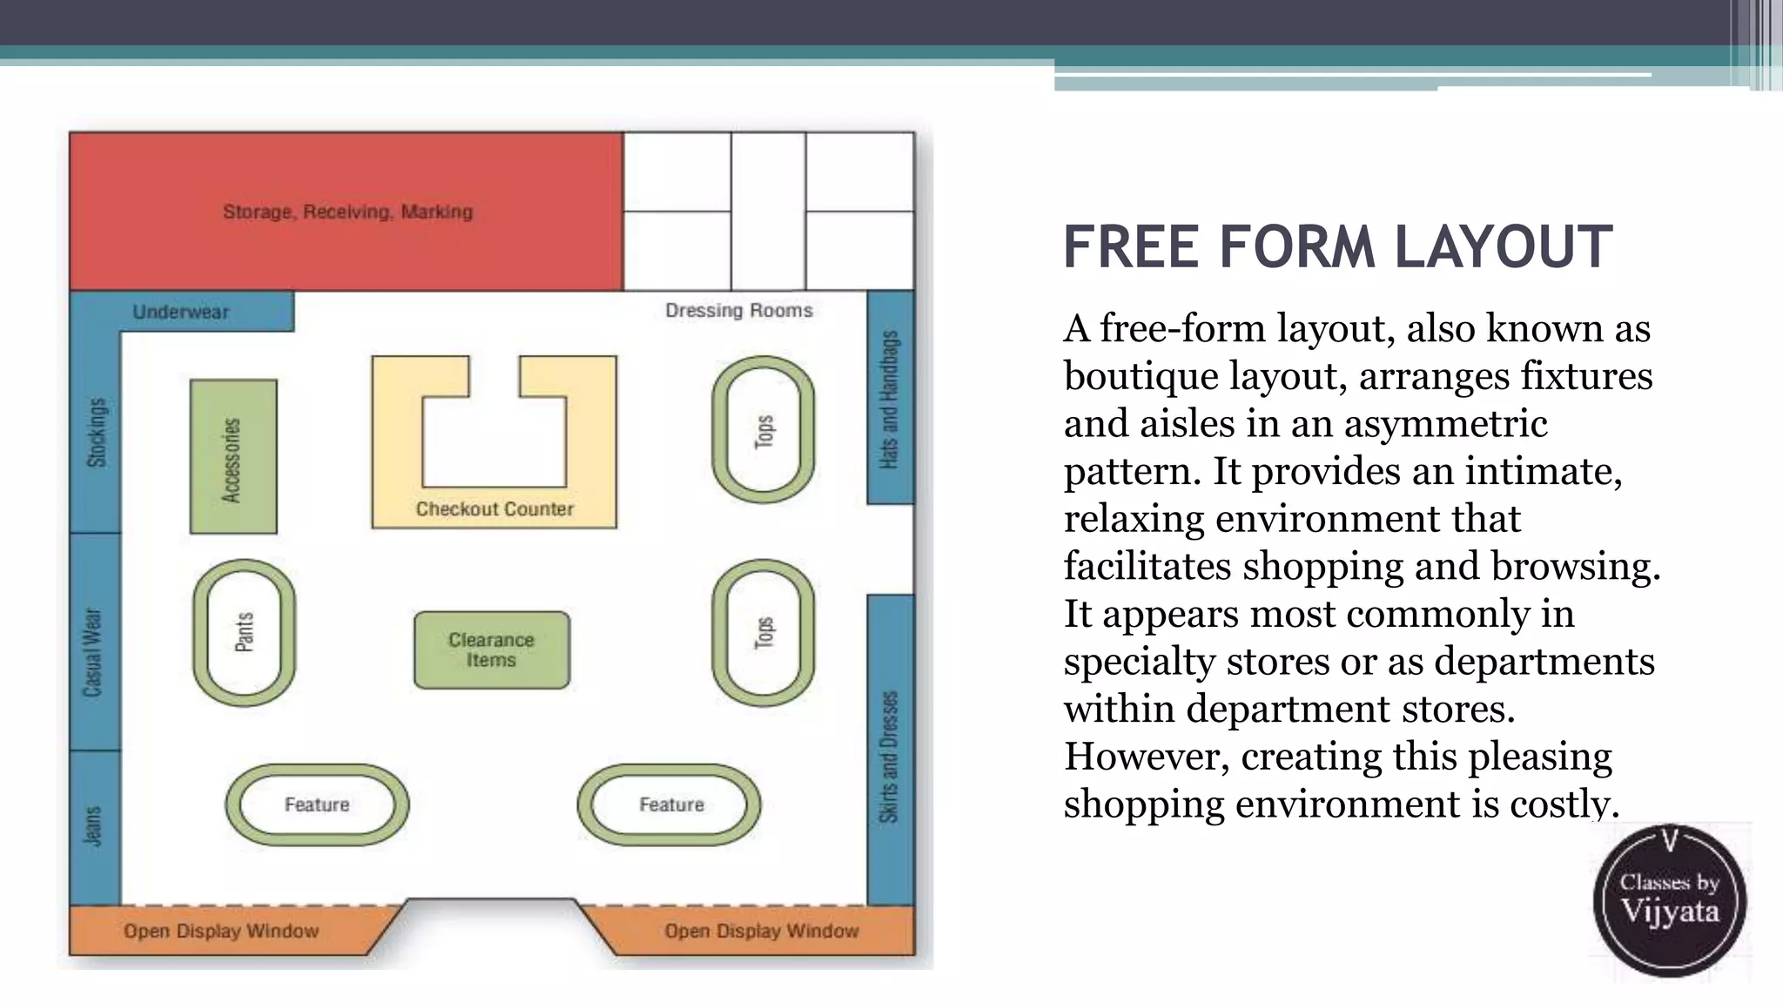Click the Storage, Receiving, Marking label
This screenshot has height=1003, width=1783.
[347, 212]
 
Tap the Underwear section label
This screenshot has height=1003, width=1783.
[181, 312]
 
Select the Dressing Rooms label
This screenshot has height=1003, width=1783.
[738, 311]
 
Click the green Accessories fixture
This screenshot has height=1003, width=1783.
[232, 457]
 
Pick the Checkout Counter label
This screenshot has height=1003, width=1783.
[495, 509]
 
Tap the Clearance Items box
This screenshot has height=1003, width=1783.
[492, 650]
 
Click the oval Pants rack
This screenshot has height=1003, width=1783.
[245, 633]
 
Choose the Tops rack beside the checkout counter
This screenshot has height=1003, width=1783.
[764, 430]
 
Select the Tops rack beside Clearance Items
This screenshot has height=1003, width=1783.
[764, 633]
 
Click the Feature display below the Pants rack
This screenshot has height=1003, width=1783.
[317, 804]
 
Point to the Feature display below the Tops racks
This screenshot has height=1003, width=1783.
[670, 804]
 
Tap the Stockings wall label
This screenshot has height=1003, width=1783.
[96, 433]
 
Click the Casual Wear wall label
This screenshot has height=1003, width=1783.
[93, 653]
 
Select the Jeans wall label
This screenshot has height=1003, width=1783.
[93, 826]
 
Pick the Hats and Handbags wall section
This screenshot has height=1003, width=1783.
[890, 400]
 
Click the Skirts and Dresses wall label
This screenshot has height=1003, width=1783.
[889, 757]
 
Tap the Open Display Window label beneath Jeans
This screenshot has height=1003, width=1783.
[221, 932]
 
